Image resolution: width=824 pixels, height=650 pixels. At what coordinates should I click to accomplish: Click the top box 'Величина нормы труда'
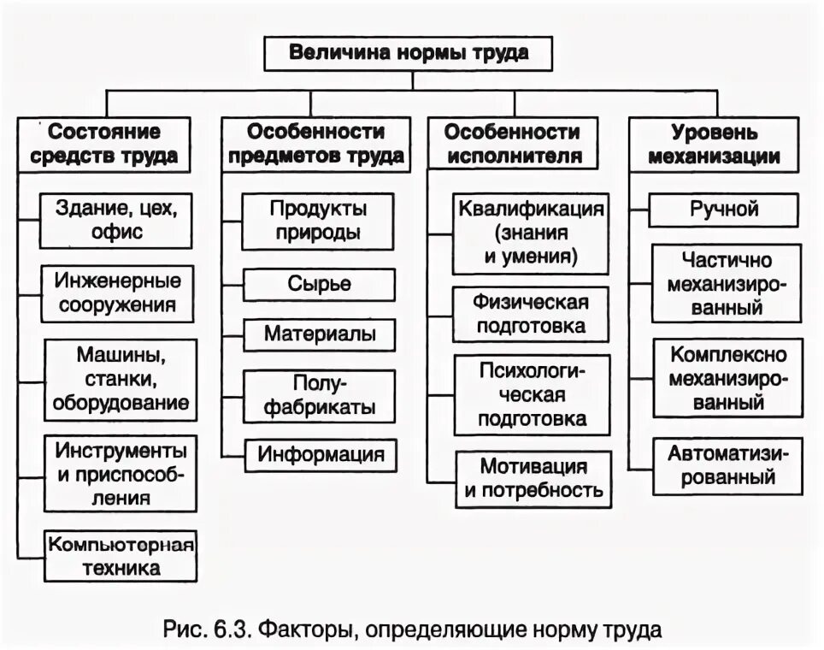coord(409,53)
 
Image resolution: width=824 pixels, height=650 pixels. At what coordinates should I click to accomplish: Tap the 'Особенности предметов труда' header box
coord(315,144)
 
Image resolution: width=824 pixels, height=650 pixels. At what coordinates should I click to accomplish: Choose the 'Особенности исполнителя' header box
coord(513,144)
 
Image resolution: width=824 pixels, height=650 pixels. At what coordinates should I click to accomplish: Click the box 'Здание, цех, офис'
coord(116,219)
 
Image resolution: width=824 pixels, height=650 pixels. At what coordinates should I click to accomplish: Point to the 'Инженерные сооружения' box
coord(116,292)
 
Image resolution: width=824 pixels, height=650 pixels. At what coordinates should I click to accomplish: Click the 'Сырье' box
coord(318,284)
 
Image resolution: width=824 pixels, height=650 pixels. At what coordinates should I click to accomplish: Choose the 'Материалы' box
coord(318,334)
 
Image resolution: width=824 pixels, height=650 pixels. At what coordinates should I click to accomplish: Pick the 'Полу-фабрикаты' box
coord(318,394)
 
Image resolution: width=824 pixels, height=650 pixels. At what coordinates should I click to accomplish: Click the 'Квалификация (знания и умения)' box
coord(531,232)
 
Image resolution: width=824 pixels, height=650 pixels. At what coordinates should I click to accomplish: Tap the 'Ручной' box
coord(724,209)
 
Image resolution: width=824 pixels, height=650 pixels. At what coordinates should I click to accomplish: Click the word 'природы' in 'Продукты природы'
coord(318,232)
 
